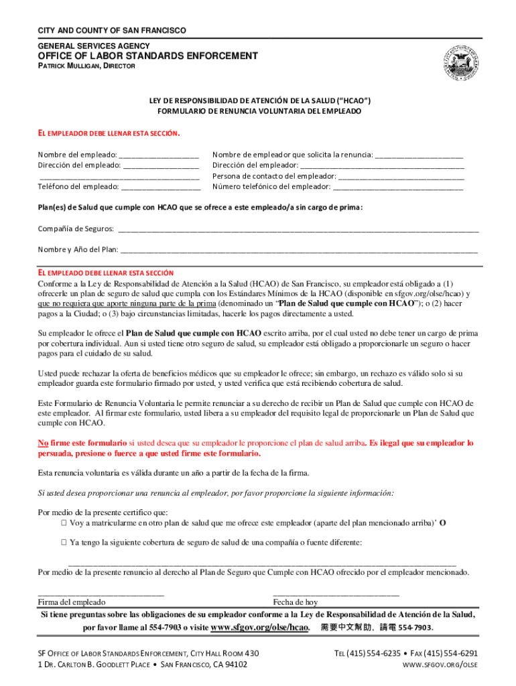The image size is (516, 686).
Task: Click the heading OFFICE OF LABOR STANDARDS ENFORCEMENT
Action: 147,56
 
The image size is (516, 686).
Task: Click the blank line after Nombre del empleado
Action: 159,155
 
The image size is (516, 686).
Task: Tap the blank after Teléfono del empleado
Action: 160,187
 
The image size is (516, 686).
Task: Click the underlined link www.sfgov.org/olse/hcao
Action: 259,628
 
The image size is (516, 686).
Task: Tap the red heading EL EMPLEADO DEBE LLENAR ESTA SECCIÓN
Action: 106,273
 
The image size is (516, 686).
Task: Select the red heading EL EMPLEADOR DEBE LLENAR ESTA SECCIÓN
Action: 109,133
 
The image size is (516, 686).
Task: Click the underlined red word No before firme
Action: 43,443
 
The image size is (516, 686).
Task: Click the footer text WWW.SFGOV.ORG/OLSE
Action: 439,665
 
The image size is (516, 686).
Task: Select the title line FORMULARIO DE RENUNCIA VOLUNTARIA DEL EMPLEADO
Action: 259,111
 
